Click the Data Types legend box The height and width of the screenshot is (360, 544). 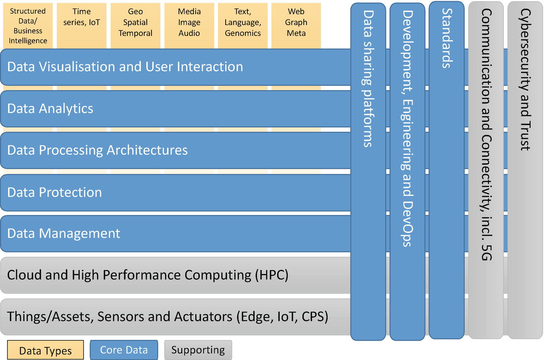coord(45,350)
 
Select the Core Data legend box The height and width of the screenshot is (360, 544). coord(124,350)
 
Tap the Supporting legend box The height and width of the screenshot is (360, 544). coord(198,350)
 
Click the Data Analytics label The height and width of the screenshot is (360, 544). coord(50,108)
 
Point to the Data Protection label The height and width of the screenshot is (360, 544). coord(54,192)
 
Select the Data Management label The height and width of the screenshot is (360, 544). coord(64,233)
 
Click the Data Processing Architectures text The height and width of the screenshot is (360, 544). coord(97,150)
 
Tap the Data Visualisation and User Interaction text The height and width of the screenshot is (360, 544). coord(125,67)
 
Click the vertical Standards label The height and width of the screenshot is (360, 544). coord(447,38)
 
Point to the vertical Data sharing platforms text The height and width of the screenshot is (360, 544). coord(368,79)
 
